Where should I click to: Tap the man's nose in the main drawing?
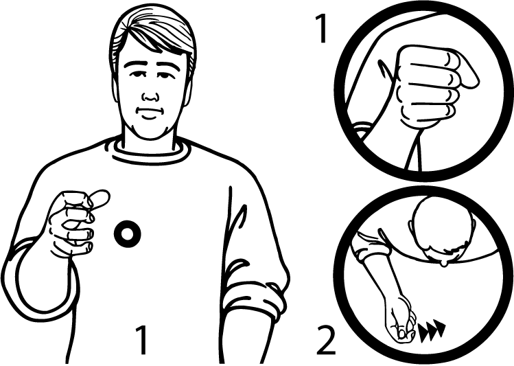[150, 96]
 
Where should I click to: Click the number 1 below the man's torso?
[141, 340]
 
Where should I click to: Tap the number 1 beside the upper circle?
[322, 28]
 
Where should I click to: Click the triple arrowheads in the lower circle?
[432, 332]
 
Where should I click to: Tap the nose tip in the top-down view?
[443, 263]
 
